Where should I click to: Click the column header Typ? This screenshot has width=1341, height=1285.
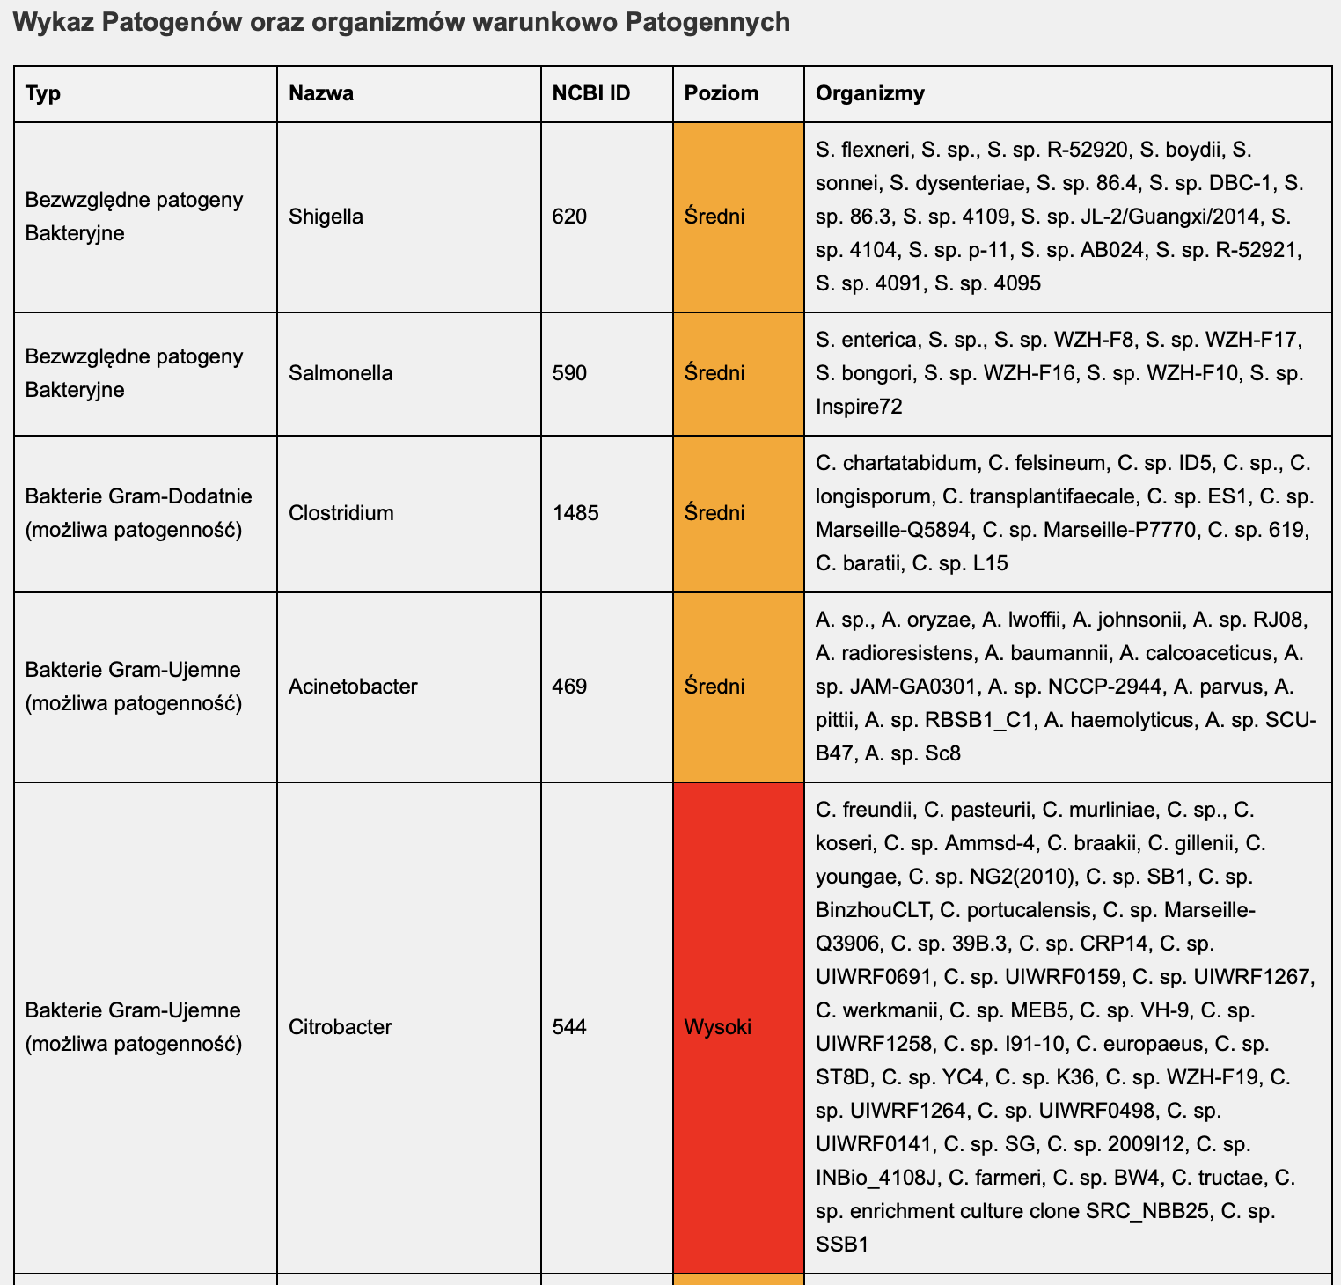[x=43, y=93]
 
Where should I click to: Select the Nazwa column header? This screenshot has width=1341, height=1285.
[x=321, y=93]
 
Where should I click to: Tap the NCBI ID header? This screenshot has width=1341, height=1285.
[x=591, y=93]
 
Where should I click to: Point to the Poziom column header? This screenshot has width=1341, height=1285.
[x=722, y=93]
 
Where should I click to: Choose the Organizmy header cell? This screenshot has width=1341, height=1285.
[x=870, y=93]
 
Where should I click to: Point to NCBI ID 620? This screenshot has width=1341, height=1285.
[x=569, y=217]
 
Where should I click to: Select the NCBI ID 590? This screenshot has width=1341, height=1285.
[x=569, y=373]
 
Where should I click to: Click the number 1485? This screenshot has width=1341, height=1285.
[x=575, y=513]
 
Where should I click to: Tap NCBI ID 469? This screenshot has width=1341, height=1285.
[x=569, y=687]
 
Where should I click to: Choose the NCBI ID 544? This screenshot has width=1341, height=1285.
[x=569, y=1027]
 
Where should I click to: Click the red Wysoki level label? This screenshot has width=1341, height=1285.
[x=718, y=1027]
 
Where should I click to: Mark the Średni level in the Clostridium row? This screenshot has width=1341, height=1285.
[x=714, y=513]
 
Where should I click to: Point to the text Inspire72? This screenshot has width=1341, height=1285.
[x=859, y=407]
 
